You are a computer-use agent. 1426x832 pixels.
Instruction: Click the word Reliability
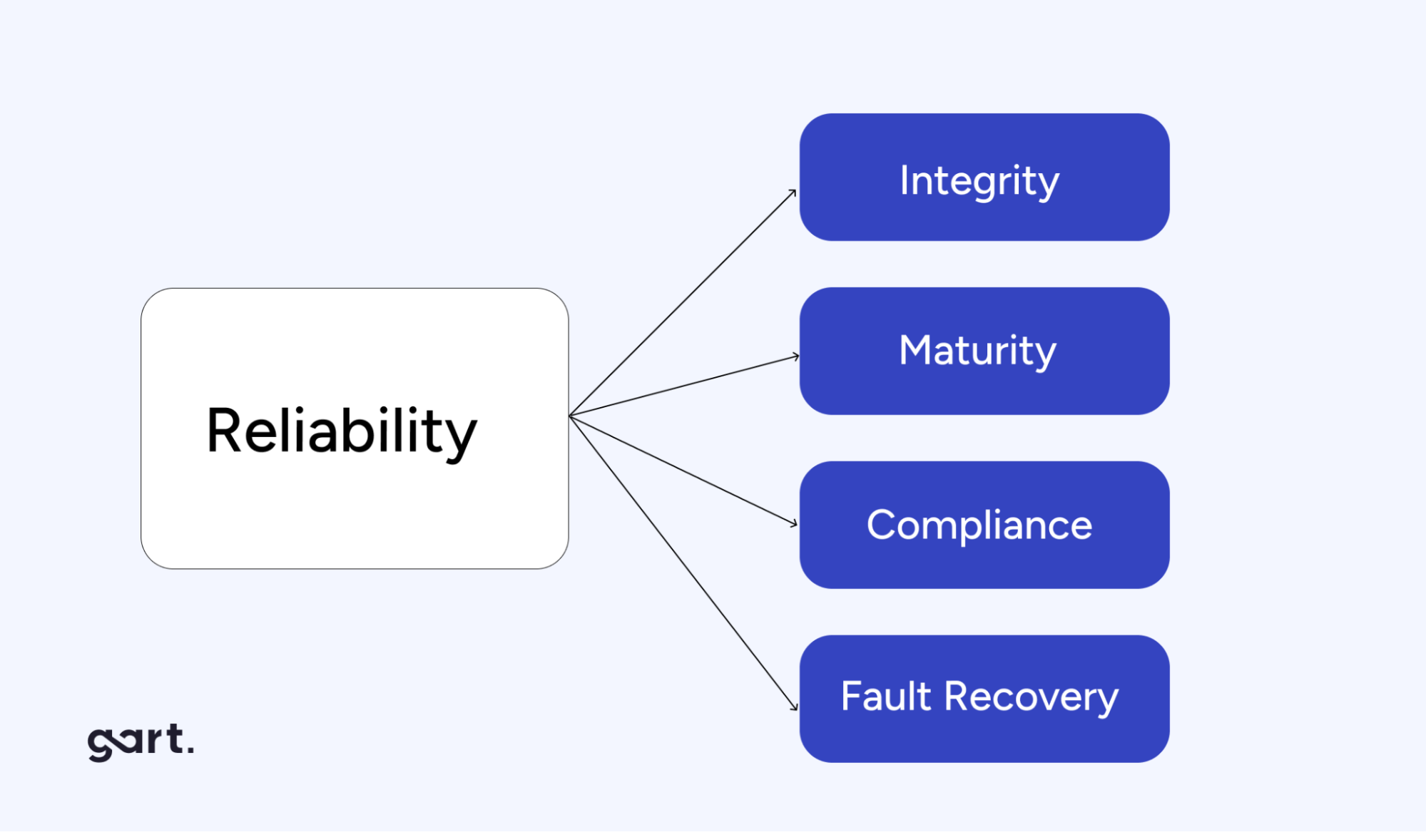pos(341,431)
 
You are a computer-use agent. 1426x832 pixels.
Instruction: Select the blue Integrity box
pos(984,177)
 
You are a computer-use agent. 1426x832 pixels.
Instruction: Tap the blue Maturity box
pos(984,351)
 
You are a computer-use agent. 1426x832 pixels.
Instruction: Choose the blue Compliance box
pos(984,525)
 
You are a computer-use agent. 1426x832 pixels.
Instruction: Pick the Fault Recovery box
pos(984,699)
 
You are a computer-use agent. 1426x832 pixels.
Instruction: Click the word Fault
pos(885,696)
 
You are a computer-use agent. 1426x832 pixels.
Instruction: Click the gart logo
pos(140,741)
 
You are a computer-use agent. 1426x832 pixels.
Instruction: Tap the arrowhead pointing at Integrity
pos(793,192)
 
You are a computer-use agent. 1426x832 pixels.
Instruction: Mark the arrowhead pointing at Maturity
pos(796,356)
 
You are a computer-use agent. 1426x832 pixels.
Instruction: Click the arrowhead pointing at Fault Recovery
pos(795,707)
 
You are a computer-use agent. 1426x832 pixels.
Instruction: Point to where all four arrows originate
pos(570,416)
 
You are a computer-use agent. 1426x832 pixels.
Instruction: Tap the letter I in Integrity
pos(904,180)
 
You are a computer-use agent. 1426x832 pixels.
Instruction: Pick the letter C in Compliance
pos(882,525)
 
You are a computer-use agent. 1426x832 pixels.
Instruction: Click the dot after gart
pos(189,750)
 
